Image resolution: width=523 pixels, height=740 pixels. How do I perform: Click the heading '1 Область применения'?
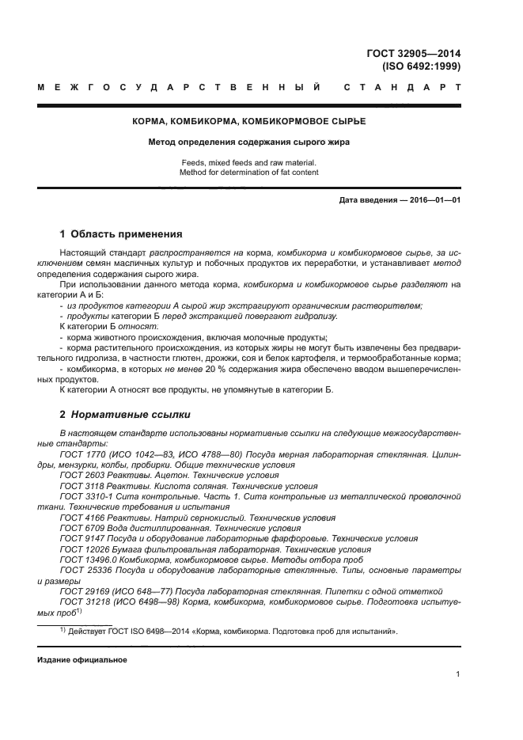click(x=121, y=234)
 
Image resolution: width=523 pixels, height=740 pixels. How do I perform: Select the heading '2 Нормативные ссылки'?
click(x=124, y=414)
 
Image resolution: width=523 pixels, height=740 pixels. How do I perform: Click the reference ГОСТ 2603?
click(x=81, y=476)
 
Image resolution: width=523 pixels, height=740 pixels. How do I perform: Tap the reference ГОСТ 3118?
click(x=81, y=486)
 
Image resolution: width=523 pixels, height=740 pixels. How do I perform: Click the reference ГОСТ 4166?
click(x=81, y=517)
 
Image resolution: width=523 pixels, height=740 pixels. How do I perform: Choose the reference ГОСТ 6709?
click(x=81, y=527)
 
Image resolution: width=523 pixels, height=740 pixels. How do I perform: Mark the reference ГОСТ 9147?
click(x=81, y=537)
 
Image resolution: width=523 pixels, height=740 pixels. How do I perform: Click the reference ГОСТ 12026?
click(x=83, y=548)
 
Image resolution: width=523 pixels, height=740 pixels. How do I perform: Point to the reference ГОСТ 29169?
click(x=83, y=591)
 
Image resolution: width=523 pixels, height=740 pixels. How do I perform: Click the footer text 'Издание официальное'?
click(x=81, y=659)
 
